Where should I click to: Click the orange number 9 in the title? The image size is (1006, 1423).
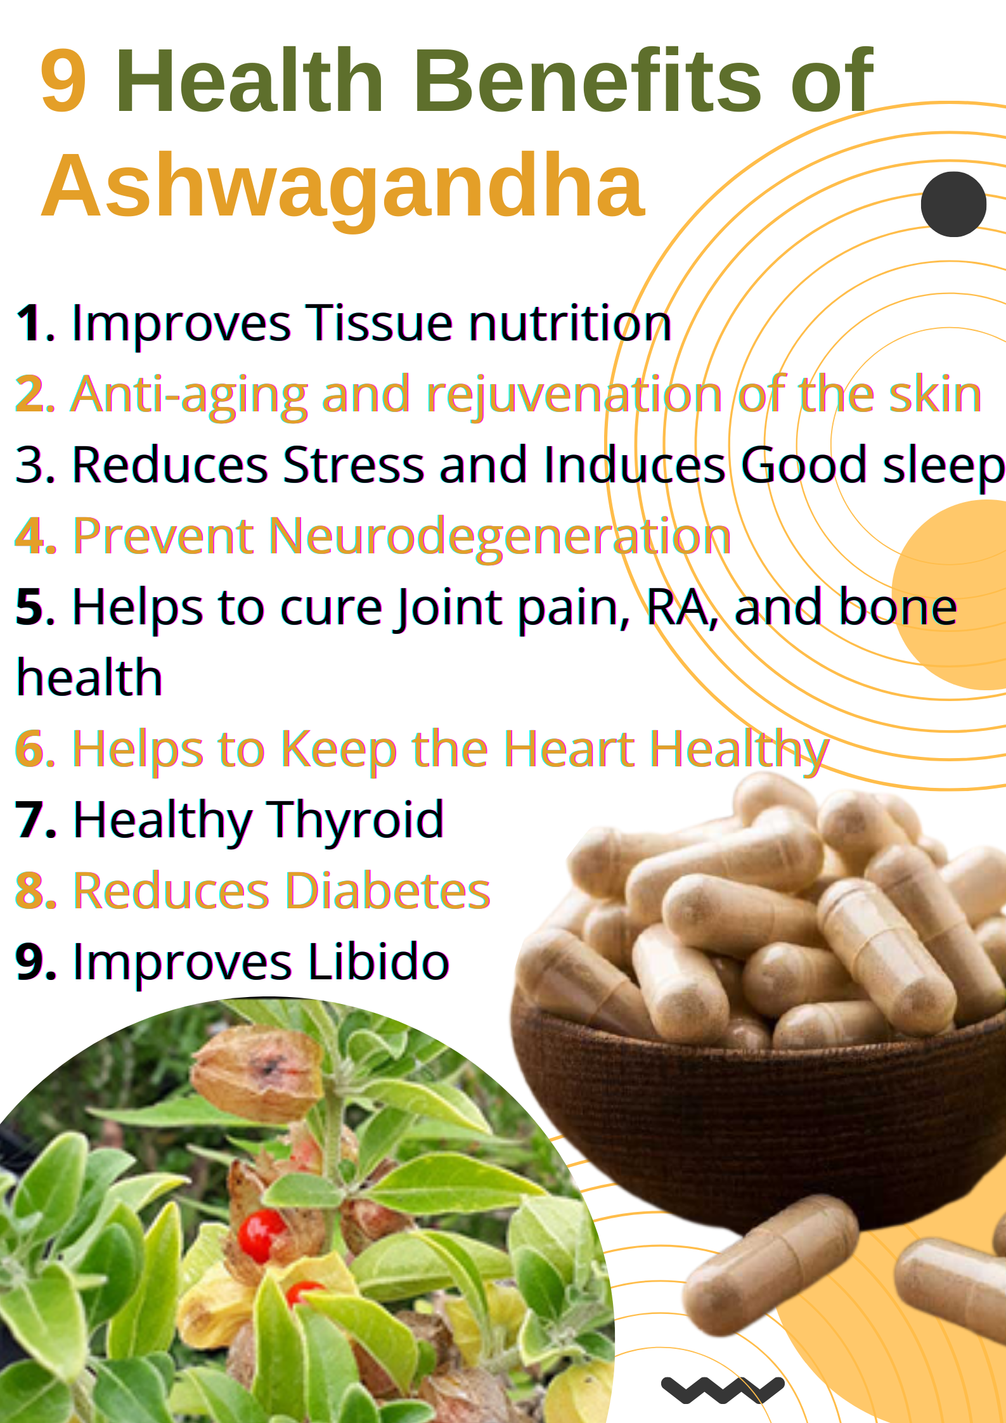tap(63, 81)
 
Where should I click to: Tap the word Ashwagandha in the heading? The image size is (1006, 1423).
tap(343, 186)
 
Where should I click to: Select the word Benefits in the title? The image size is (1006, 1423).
tap(587, 81)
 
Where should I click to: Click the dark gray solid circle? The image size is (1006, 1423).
tap(953, 204)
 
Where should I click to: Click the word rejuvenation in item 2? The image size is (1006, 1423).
tap(574, 395)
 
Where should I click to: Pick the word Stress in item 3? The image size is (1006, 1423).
tap(353, 465)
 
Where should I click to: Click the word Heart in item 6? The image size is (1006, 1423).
tap(569, 749)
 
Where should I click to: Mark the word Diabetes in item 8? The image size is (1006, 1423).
tap(388, 891)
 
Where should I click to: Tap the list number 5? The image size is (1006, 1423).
tap(30, 607)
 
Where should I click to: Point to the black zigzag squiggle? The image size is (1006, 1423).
tap(722, 1389)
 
